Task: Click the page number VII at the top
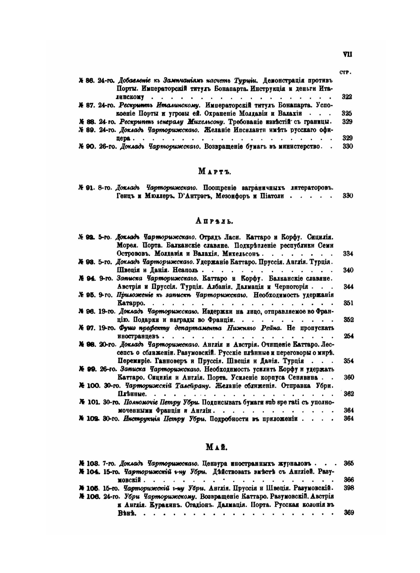click(x=347, y=54)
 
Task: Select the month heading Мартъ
click(x=215, y=171)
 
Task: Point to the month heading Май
click(x=217, y=447)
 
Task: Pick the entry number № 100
click(x=89, y=385)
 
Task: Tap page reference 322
click(x=347, y=97)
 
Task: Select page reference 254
click(x=348, y=336)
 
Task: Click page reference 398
click(x=348, y=488)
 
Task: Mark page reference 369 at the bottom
click(x=348, y=513)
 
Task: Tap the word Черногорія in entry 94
click(x=290, y=286)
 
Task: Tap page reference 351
click(x=348, y=303)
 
